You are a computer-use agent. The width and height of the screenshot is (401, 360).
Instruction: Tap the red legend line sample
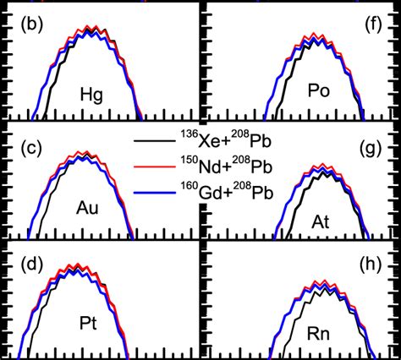click(x=154, y=166)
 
